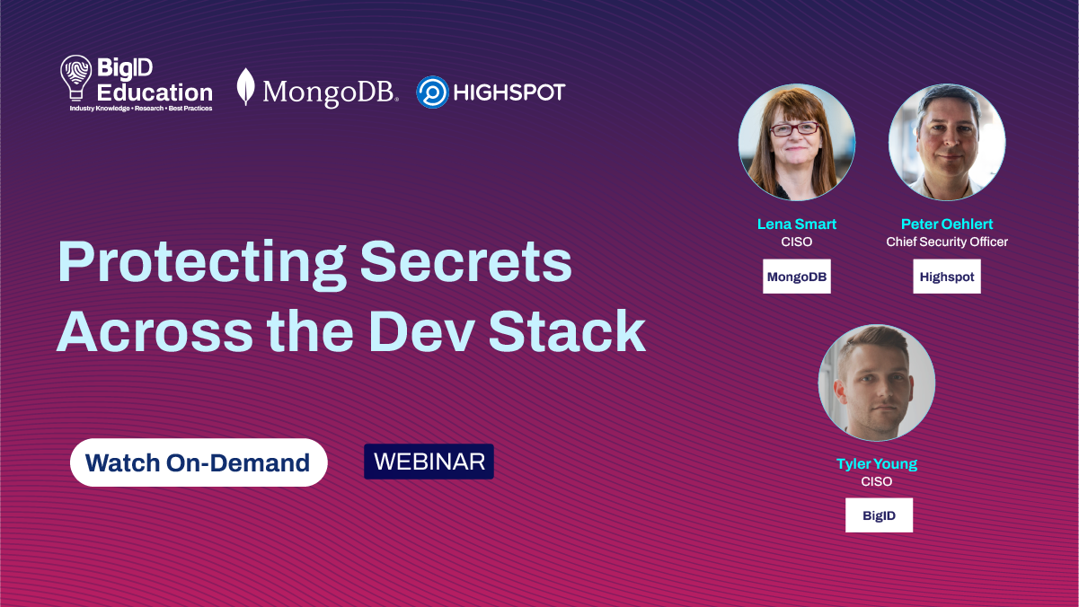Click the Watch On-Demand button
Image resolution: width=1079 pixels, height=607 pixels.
(198, 462)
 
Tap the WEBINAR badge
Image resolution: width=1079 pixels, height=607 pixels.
(429, 462)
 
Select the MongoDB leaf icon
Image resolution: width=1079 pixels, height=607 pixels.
(245, 87)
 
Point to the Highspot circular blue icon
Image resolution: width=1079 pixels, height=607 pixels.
(432, 92)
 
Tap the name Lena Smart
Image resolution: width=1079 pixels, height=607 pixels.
(796, 224)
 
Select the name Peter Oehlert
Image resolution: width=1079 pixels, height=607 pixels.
(947, 224)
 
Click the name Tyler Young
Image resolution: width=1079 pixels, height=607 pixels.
(877, 464)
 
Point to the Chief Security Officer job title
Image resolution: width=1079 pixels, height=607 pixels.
(947, 242)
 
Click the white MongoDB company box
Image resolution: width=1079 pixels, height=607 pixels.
(797, 277)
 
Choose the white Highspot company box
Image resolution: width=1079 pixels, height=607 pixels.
(947, 277)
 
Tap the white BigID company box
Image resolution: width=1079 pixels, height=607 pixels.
(879, 515)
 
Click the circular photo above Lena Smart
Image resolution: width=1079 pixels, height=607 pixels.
(797, 142)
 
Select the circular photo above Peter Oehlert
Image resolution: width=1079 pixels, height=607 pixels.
(947, 142)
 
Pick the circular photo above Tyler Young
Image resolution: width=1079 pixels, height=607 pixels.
(877, 383)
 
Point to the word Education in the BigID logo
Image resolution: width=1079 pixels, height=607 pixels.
(155, 92)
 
